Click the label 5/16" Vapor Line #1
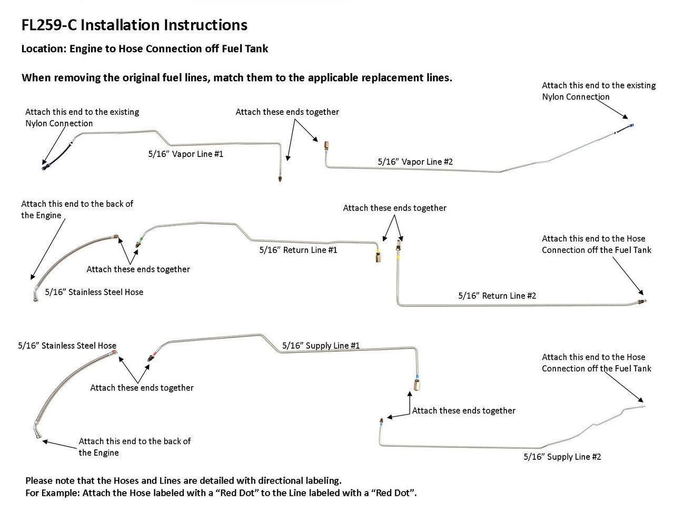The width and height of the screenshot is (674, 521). pyautogui.click(x=185, y=154)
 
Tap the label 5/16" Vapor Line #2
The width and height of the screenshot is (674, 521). pyautogui.click(x=415, y=162)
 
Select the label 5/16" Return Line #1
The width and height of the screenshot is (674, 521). pyautogui.click(x=298, y=250)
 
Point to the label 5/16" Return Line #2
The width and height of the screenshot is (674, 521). pyautogui.click(x=497, y=296)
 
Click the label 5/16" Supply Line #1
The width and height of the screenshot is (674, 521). pyautogui.click(x=321, y=346)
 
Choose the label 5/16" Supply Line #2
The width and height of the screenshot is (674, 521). pyautogui.click(x=562, y=457)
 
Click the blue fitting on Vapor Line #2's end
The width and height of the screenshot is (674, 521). pyautogui.click(x=631, y=125)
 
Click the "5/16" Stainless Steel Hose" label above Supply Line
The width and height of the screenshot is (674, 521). pyautogui.click(x=67, y=346)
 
